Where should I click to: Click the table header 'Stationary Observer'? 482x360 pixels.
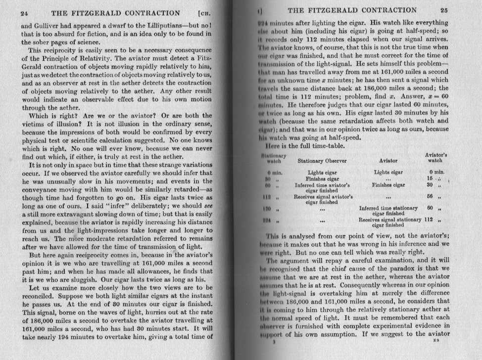tap(322, 161)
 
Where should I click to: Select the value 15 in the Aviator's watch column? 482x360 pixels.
tap(430, 178)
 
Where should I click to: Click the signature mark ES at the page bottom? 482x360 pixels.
tap(436, 341)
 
